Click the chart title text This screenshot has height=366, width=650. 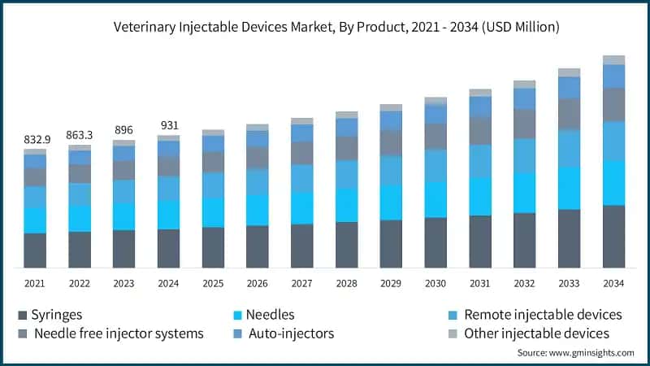(325, 27)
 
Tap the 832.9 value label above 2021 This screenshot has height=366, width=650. (35, 140)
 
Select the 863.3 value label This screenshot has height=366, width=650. (80, 135)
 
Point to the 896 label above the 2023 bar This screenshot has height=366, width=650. (124, 129)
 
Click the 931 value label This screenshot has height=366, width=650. (169, 125)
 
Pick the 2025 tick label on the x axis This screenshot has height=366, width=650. (213, 283)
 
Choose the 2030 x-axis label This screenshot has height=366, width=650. (435, 283)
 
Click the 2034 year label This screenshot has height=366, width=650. (613, 283)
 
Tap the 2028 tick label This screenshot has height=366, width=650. (347, 283)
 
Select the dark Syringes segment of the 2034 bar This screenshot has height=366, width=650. (613, 236)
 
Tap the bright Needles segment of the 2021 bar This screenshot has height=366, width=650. (35, 220)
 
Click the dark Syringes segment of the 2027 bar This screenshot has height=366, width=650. (302, 246)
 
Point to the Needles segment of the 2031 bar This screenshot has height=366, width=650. (480, 196)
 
